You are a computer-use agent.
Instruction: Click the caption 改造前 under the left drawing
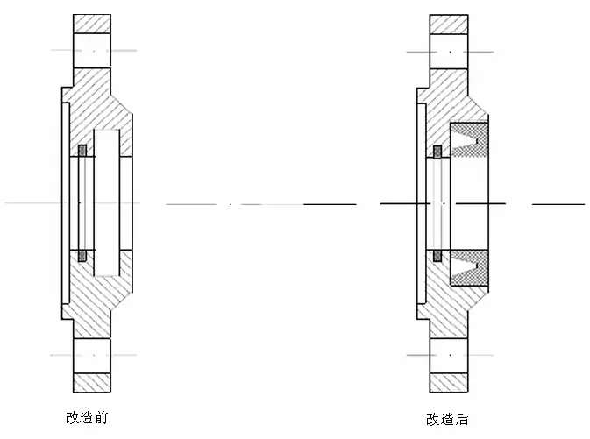[x=87, y=418]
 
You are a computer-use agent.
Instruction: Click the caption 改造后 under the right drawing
[x=447, y=420]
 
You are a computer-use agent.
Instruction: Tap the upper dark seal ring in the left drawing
[x=82, y=151]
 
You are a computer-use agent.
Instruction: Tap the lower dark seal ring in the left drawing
[x=82, y=256]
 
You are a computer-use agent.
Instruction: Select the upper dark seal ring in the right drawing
[x=437, y=152]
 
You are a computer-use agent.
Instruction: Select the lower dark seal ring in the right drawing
[x=437, y=256]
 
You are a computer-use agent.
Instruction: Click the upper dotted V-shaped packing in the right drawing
[x=469, y=140]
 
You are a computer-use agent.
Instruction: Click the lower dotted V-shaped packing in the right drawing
[x=469, y=268]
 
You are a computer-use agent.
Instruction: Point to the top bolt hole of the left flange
[x=92, y=51]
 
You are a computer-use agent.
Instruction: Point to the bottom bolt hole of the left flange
[x=92, y=356]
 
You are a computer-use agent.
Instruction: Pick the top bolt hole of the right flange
[x=449, y=51]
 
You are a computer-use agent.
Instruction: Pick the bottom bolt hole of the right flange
[x=449, y=356]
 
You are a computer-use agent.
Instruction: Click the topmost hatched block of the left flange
[x=92, y=24]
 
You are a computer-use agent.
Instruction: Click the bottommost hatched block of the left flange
[x=92, y=383]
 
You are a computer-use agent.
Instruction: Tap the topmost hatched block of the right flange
[x=449, y=24]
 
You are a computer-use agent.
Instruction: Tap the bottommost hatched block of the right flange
[x=449, y=383]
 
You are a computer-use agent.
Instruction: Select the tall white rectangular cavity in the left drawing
[x=107, y=203]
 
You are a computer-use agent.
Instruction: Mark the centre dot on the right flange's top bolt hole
[x=451, y=52]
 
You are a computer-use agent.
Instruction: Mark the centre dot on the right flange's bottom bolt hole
[x=451, y=355]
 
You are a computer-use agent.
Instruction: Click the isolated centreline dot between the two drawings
[x=231, y=204]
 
